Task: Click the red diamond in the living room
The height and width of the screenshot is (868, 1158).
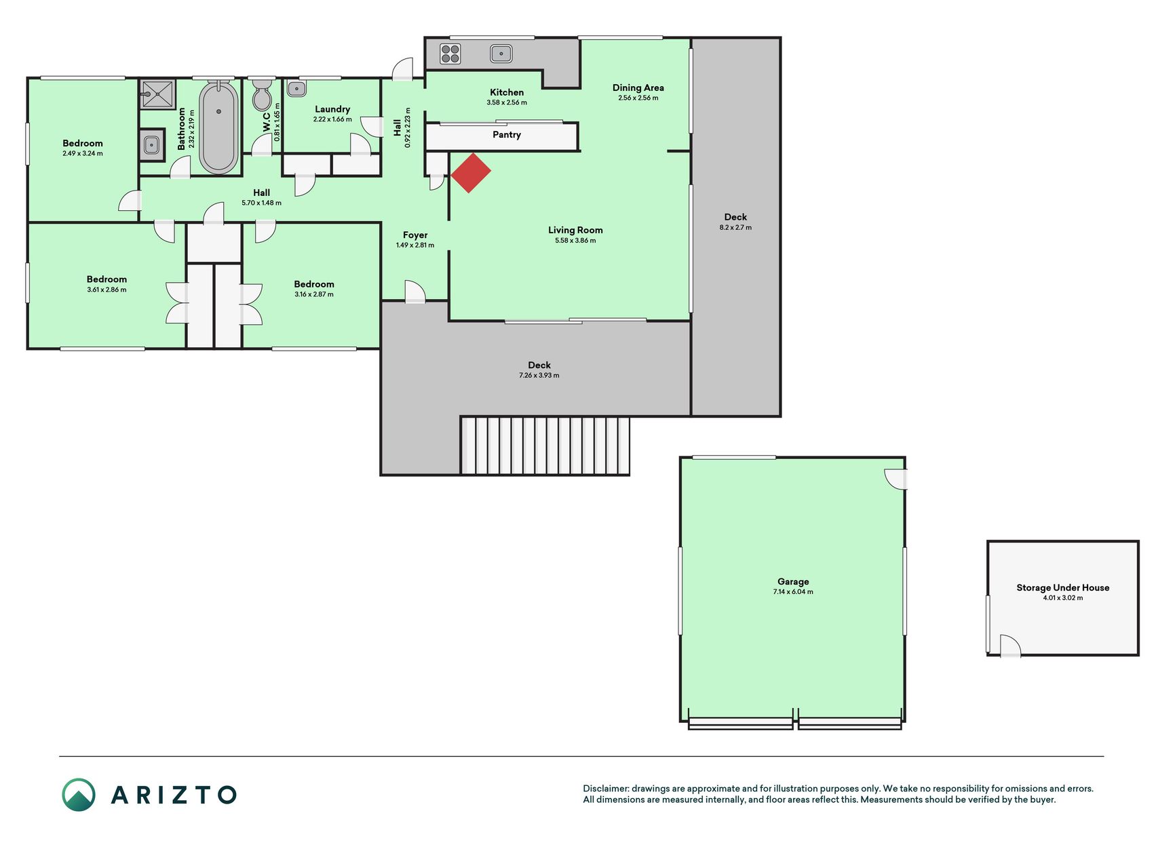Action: tap(471, 173)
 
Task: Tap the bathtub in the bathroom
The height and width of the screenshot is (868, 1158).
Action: tap(218, 127)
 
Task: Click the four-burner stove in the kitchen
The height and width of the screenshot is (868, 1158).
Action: tap(450, 54)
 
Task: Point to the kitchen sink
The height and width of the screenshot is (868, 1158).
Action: tap(501, 53)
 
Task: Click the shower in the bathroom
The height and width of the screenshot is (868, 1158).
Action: tap(158, 94)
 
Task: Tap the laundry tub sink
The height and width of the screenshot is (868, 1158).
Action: tap(296, 88)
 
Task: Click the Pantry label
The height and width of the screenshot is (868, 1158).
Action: tap(507, 135)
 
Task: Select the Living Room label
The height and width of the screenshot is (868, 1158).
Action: tap(575, 230)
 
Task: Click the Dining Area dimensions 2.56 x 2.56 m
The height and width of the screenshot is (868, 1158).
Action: tap(638, 98)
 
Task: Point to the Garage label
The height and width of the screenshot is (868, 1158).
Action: tap(793, 581)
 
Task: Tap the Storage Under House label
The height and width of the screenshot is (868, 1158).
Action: tap(1063, 587)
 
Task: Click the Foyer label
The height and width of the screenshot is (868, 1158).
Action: tap(415, 235)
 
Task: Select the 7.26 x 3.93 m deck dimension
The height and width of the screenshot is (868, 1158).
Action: tap(539, 375)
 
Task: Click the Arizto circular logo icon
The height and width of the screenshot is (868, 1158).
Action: tap(79, 795)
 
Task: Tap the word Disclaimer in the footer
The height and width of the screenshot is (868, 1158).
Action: tap(606, 789)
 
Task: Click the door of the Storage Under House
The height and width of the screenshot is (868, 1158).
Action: tap(1010, 646)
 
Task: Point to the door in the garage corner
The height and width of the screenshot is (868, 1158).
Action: tap(896, 479)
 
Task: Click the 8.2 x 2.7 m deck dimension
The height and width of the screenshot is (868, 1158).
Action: tap(735, 227)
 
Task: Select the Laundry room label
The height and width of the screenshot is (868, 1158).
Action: tap(332, 109)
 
